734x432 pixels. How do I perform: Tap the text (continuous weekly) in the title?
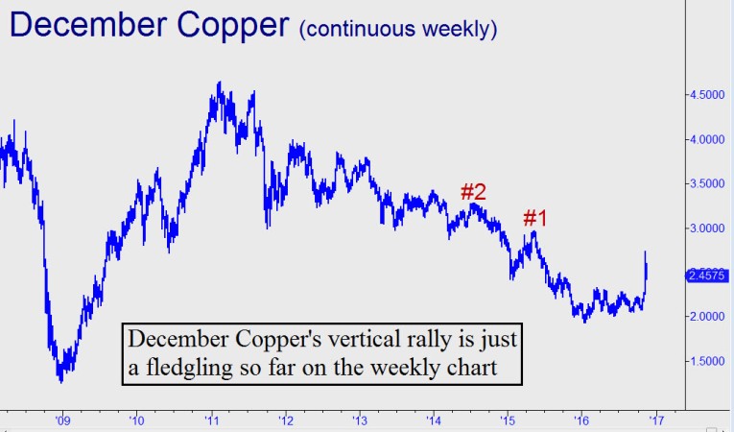[398, 29]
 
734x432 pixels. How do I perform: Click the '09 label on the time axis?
[62, 419]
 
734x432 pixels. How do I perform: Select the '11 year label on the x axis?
[211, 419]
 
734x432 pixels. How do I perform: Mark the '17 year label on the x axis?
[655, 419]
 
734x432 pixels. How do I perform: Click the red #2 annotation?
[473, 191]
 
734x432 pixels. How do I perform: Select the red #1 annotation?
[534, 218]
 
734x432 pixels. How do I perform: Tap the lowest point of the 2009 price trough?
[61, 382]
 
